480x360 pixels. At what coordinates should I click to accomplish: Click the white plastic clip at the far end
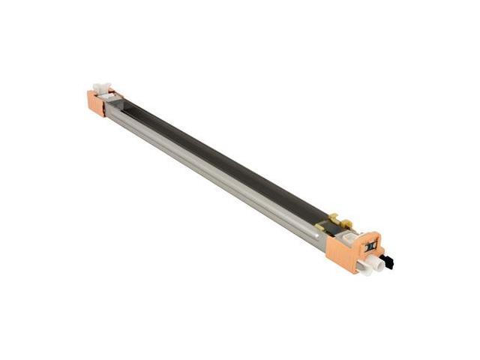coord(99,88)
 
